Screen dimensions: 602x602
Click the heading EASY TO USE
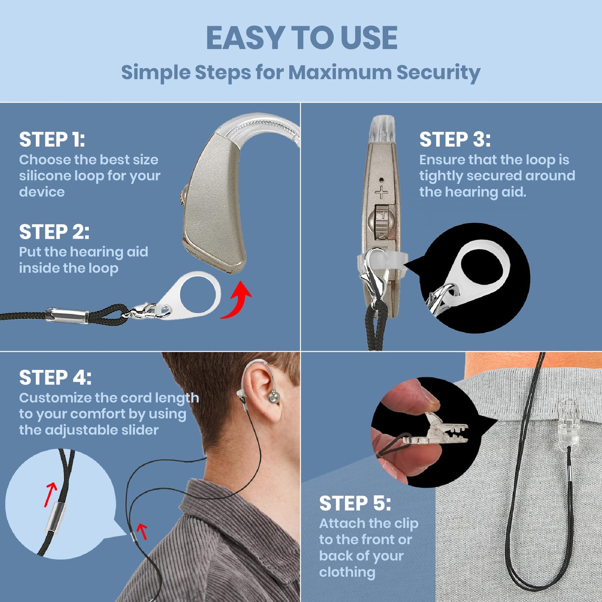(x=301, y=38)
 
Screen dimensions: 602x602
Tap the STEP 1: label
(x=52, y=140)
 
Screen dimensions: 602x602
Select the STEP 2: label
(x=54, y=232)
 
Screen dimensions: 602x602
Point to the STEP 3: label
(x=455, y=140)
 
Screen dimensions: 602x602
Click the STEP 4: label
(x=55, y=378)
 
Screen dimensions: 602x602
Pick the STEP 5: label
(x=355, y=503)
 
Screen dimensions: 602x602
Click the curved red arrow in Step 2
(x=237, y=301)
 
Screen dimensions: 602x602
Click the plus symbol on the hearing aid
(x=381, y=192)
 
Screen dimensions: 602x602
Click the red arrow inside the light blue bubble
(x=50, y=494)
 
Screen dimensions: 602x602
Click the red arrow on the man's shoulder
(x=142, y=531)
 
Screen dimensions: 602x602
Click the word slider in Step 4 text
(x=138, y=430)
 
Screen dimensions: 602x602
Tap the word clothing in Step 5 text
(x=347, y=572)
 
